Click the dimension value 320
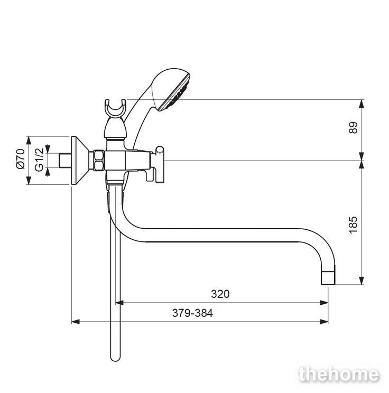(220, 294)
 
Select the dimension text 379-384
(192, 313)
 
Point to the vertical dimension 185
(353, 225)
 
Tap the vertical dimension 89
(353, 128)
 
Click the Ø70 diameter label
(21, 160)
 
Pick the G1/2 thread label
(39, 160)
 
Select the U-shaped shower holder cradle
(116, 109)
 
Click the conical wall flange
(80, 161)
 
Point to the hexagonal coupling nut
(99, 161)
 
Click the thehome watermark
(339, 375)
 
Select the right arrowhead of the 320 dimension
(325, 303)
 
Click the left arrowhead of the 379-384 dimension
(76, 322)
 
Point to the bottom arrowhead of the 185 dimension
(361, 280)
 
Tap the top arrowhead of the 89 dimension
(361, 104)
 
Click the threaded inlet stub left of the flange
(65, 161)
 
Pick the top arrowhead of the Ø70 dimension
(29, 141)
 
